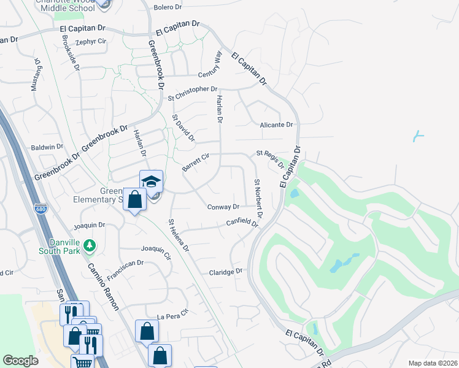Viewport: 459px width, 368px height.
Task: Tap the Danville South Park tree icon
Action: click(x=90, y=246)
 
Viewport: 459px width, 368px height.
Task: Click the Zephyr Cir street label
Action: click(x=91, y=42)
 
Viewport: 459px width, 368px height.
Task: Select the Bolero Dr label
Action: click(x=168, y=7)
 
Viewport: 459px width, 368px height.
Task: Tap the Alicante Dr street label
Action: click(x=277, y=125)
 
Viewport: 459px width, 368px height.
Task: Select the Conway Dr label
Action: click(x=223, y=207)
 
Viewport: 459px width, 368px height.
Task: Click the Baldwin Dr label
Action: click(x=47, y=147)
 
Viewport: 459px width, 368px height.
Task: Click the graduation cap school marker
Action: click(x=152, y=182)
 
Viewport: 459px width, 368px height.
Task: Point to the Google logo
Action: click(x=20, y=361)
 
